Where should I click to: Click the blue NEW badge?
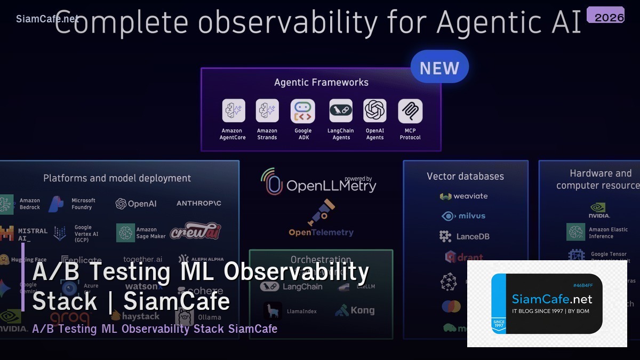pos(439,68)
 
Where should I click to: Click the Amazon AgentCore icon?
pos(233,111)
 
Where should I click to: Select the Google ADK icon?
pos(302,111)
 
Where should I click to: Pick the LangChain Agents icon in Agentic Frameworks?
pos(341,111)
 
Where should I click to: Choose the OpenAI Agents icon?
pos(375,111)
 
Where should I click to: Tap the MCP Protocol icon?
pos(410,111)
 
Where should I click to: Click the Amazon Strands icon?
pos(267,111)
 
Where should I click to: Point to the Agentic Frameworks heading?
pos(321,82)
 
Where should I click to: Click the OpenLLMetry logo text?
pos(331,186)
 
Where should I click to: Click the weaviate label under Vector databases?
pos(470,196)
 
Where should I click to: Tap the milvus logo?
pos(463,216)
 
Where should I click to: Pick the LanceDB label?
pos(472,236)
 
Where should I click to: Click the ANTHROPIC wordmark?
pos(199,203)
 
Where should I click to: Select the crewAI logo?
pos(195,231)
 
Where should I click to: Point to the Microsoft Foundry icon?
pos(56,204)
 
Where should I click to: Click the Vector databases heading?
pos(465,176)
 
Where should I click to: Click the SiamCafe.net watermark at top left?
pos(47,19)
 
